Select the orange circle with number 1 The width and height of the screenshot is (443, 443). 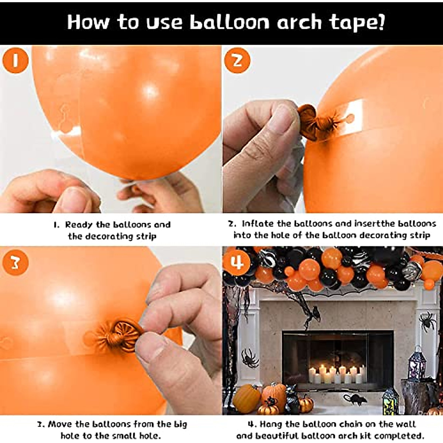16,61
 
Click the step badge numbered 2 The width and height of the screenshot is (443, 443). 237,61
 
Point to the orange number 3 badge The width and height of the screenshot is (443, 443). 16,263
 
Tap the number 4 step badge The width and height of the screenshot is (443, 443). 237,263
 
